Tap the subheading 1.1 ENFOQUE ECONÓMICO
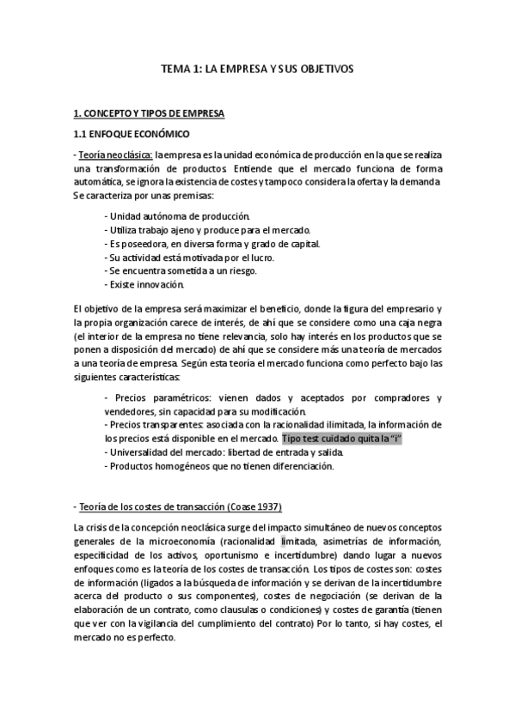point(131,135)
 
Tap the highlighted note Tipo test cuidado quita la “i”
point(341,439)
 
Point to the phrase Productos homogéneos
point(160,466)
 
